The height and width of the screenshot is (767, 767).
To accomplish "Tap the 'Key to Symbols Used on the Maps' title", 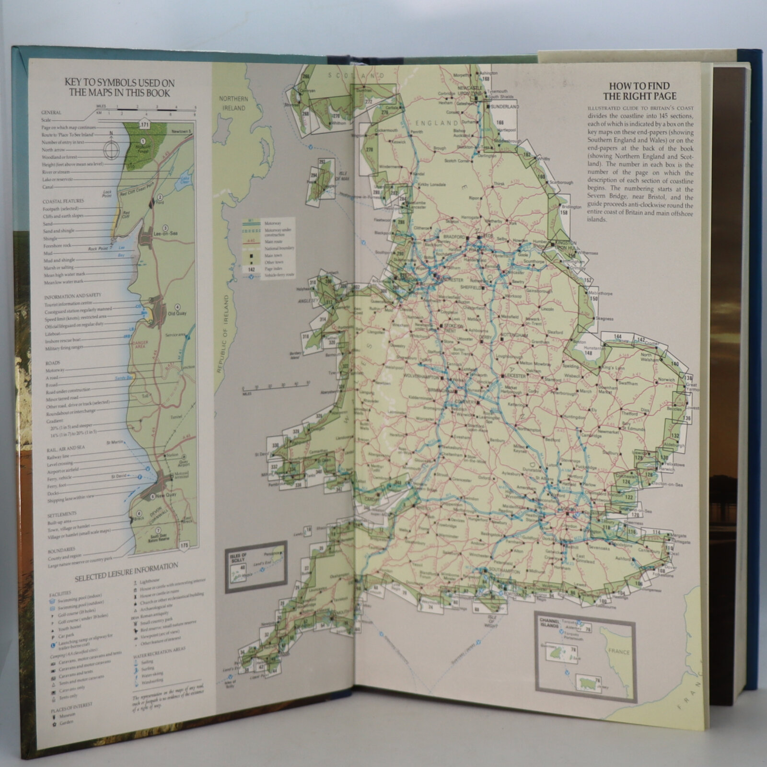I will pyautogui.click(x=120, y=87).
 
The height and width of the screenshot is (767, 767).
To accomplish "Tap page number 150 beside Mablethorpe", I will pyautogui.click(x=594, y=299).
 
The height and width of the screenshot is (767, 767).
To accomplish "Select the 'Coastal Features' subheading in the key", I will pyautogui.click(x=63, y=201).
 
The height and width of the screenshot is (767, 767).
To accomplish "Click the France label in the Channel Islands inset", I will pyautogui.click(x=618, y=652).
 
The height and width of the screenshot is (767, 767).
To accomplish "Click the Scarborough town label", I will pyautogui.click(x=561, y=183).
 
